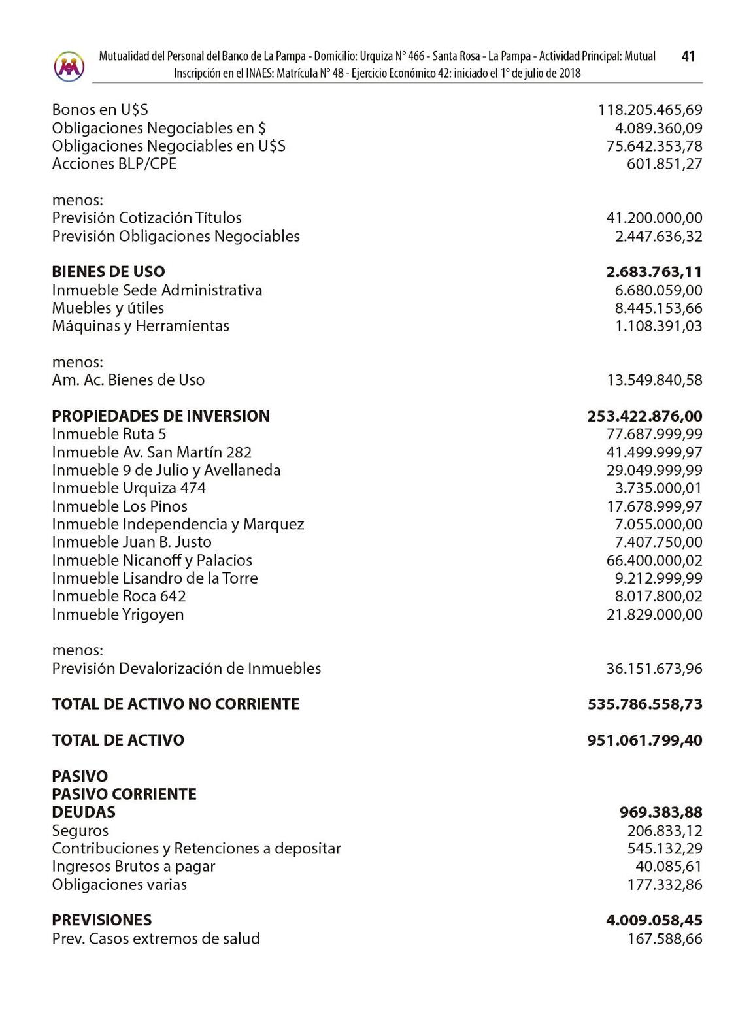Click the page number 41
pos(688,57)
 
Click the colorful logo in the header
pos(69,66)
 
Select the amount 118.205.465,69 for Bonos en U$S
pos(650,110)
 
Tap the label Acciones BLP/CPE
pos(114,163)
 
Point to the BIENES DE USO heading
pos(109,272)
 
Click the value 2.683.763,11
pos(654,272)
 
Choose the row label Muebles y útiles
pos(108,308)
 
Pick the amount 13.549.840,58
pos(654,380)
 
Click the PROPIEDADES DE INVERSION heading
pos(161,416)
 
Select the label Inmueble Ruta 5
pos(109,434)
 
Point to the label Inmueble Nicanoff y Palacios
pos(152,560)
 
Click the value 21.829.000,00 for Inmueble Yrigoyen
pos(654,614)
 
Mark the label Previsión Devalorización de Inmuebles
pos(186,669)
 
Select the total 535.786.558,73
pos(644,704)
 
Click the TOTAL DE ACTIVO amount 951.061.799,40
pos(644,740)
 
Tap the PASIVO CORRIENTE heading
pos(124,794)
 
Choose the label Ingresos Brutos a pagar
pos(133,867)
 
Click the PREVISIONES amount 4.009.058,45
pos(654,920)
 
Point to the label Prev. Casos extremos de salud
pos(156,938)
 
